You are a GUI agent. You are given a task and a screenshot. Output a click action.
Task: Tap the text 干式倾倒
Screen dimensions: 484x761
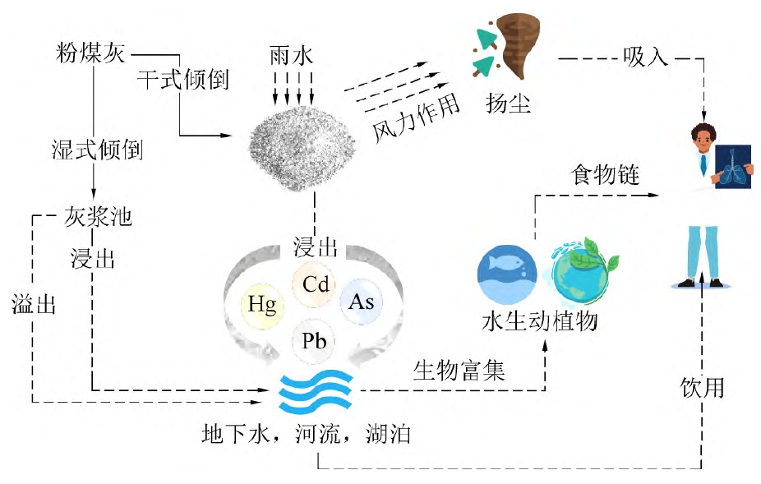(x=182, y=81)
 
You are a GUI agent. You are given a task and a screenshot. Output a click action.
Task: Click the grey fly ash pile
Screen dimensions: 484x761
(x=302, y=143)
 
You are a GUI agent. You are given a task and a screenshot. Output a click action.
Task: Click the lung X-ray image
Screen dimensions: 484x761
(x=733, y=164)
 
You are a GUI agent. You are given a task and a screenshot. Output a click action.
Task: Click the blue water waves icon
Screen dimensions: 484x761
(x=315, y=393)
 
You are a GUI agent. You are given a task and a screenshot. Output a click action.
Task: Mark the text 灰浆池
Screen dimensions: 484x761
(x=97, y=218)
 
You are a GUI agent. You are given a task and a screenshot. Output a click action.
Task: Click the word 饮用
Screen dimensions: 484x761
(x=703, y=387)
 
